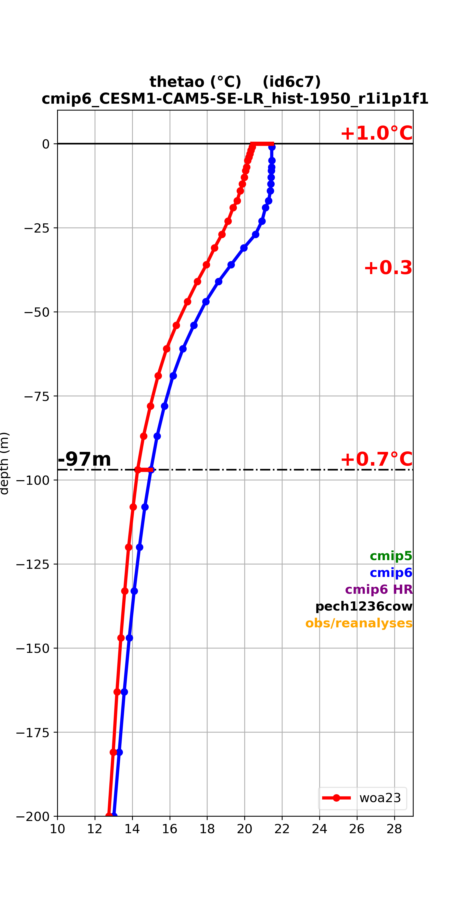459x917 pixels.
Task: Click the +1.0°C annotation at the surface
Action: coord(377,133)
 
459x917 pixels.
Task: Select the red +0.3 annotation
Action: coord(388,268)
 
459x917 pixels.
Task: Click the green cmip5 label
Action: coord(391,556)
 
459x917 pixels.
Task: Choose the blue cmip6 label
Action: coord(391,572)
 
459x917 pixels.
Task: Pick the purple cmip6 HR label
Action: coord(379,589)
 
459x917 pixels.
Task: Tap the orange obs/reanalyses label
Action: coord(359,623)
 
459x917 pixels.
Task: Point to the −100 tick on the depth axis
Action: coord(33,480)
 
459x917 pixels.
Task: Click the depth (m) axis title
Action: coord(4,463)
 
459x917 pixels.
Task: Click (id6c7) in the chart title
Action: coord(291,82)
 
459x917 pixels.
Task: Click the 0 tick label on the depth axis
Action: coord(46,144)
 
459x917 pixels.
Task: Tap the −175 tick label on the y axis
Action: coord(33,732)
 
